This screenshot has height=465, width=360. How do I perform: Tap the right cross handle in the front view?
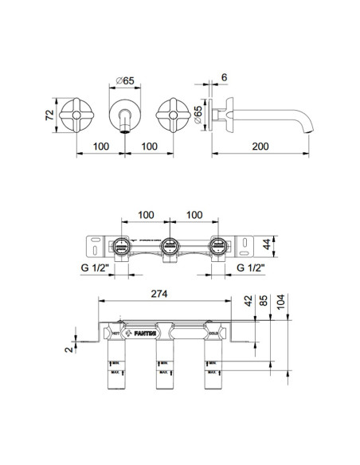[174, 115]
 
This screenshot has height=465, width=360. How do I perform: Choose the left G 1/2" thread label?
[94, 269]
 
